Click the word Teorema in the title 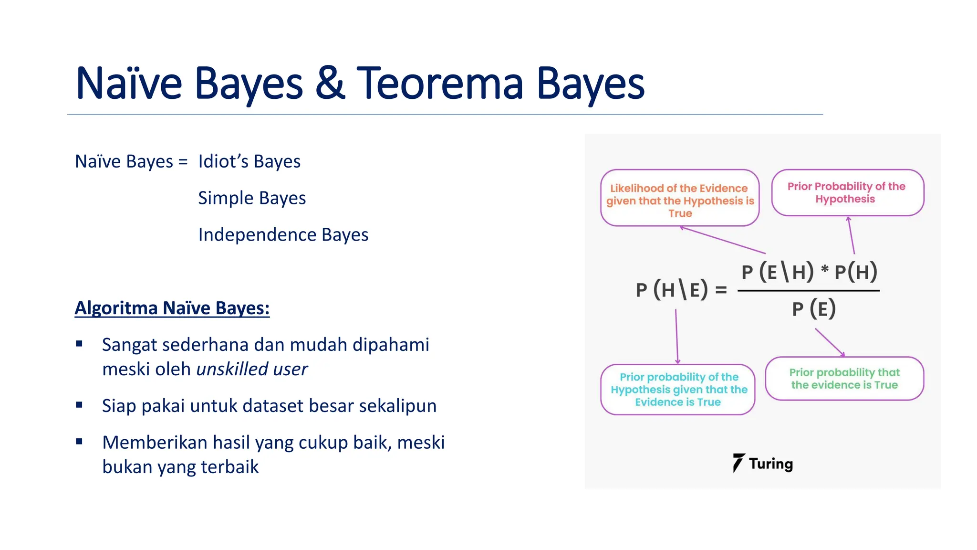439,84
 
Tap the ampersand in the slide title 330,84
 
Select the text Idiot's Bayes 249,162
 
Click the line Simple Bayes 252,198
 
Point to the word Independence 257,235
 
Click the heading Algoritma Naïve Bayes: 172,308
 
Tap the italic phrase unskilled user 252,369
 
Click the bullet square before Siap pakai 79,405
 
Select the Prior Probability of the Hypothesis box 847,193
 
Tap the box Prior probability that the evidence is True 844,379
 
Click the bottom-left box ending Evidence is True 678,390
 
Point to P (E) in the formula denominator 814,309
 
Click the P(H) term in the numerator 856,272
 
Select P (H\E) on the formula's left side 672,290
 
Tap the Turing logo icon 738,463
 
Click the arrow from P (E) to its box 830,342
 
